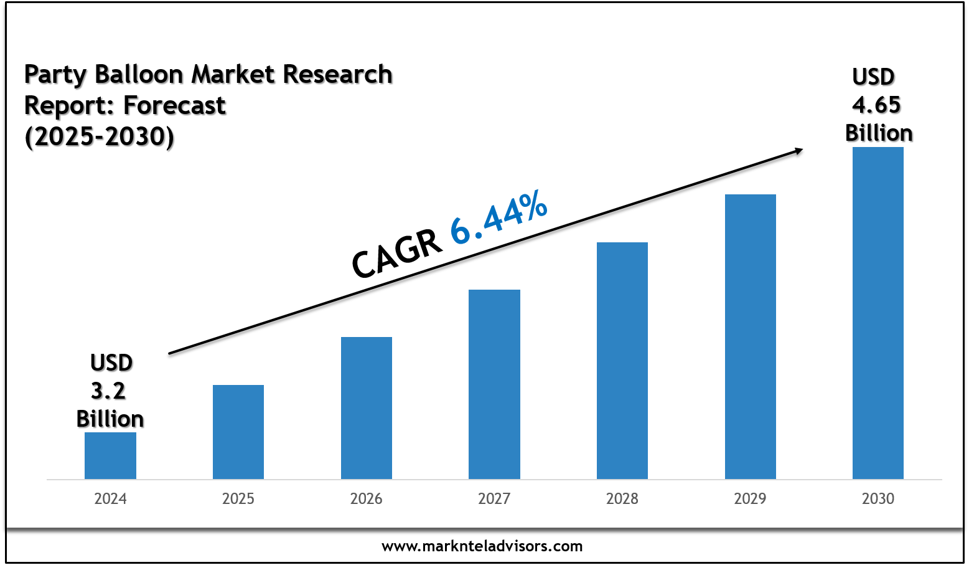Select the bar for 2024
110,455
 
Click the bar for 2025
238,432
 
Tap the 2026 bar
367,408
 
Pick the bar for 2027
494,384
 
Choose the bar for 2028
622,361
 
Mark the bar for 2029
751,336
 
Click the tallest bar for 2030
878,313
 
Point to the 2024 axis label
110,499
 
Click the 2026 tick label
367,499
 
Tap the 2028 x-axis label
622,499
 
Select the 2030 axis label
878,499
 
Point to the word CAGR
396,255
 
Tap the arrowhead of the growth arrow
797,150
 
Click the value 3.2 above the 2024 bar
109,391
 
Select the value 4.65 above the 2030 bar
876,105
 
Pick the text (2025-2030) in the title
99,136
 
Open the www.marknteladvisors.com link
482,547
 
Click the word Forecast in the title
175,105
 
